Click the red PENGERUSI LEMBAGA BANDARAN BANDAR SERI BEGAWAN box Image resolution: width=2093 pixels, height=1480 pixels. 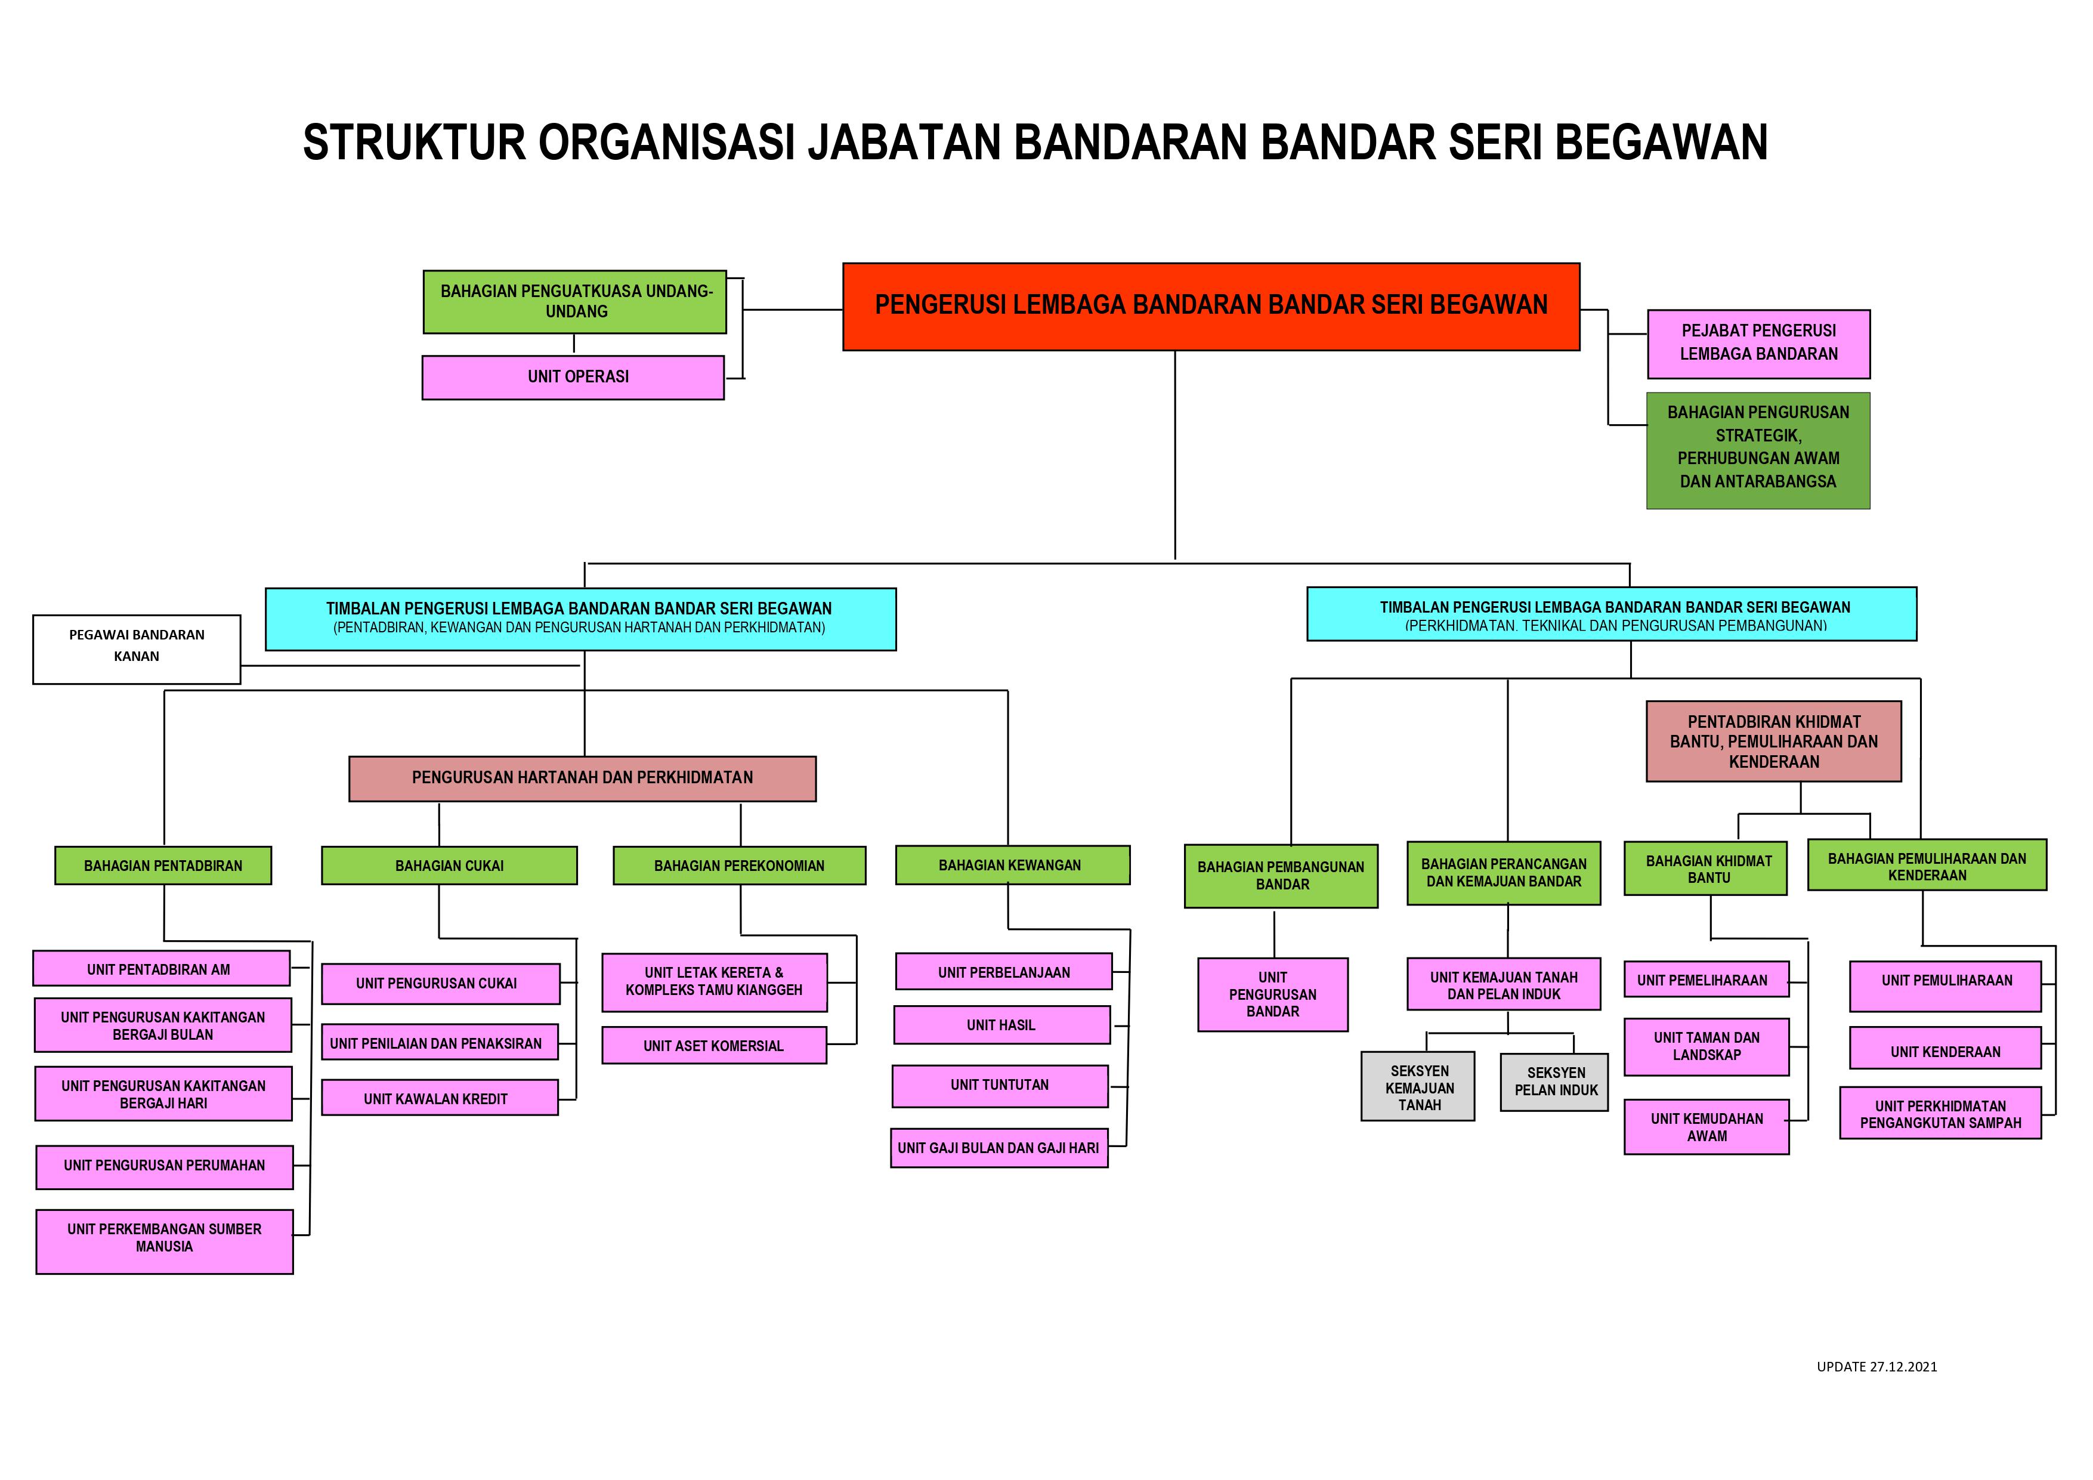(x=1211, y=307)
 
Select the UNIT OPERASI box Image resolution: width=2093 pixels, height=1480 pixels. (x=573, y=376)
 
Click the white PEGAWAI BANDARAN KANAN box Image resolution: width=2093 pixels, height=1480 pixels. (x=137, y=649)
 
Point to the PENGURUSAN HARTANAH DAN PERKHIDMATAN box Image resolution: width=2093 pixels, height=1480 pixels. (x=583, y=778)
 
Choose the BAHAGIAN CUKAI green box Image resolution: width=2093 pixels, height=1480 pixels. (x=449, y=866)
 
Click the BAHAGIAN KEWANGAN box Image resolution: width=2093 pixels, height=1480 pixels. (x=1013, y=864)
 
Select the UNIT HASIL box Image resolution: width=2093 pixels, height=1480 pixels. (x=1002, y=1025)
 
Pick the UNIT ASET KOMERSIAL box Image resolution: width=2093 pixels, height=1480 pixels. (x=714, y=1045)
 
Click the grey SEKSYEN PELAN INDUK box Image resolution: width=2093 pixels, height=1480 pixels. (x=1554, y=1082)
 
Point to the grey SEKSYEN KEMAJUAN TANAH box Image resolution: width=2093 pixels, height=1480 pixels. (x=1418, y=1086)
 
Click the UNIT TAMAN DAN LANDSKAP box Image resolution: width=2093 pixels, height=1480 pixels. (x=1706, y=1047)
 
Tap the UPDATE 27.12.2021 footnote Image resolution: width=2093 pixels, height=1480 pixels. (x=1877, y=1392)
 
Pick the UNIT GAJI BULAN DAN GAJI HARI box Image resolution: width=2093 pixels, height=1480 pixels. (x=999, y=1148)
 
